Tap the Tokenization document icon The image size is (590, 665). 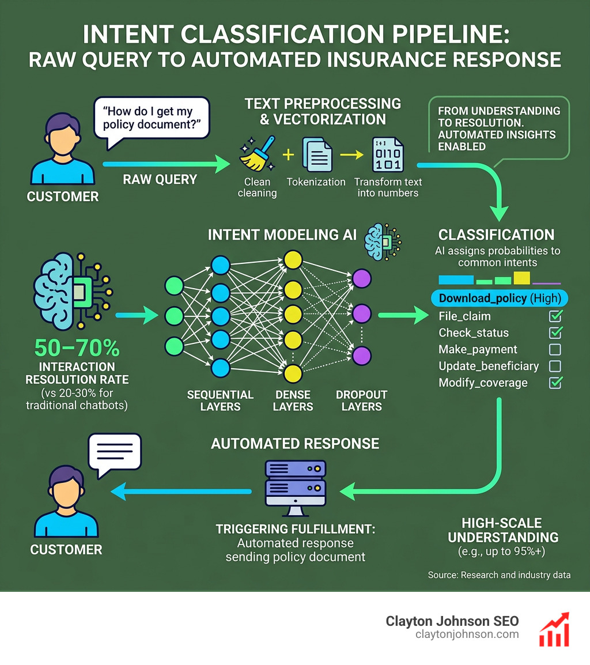point(316,153)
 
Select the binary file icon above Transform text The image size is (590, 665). point(388,153)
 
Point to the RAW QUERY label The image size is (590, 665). point(160,179)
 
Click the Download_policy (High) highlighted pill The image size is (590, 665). point(500,299)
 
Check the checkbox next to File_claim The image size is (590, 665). point(555,316)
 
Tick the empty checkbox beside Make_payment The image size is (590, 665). point(555,349)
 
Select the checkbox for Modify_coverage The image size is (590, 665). point(555,383)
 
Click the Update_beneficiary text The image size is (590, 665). point(489,366)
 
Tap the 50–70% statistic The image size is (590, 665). point(77,348)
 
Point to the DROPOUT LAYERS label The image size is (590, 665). point(362,400)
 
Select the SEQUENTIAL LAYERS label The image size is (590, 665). point(220,400)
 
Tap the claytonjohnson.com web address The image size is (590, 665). point(467,634)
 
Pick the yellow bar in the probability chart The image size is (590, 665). point(521,278)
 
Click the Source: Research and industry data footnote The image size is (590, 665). point(499,575)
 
